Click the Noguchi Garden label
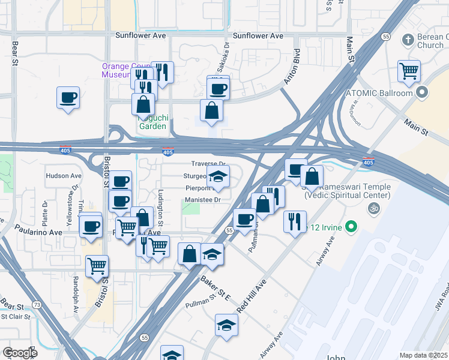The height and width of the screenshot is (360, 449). [153, 122]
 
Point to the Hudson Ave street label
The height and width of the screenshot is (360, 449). [63, 176]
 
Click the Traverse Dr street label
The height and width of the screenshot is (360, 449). [208, 164]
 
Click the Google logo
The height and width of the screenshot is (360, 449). [19, 352]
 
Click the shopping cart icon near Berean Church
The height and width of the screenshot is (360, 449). [409, 71]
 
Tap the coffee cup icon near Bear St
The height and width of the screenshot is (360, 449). [68, 97]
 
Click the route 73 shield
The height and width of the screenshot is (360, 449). [37, 305]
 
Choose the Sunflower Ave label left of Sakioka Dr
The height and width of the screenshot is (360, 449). [140, 35]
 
